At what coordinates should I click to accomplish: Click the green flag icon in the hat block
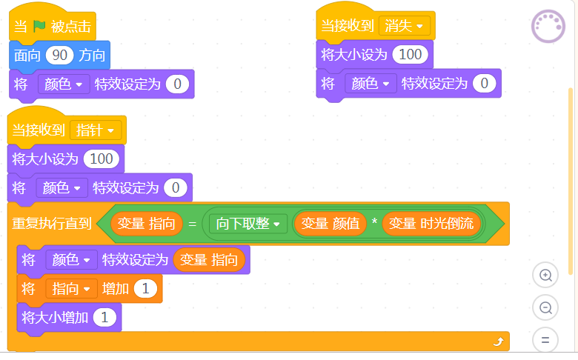(39, 26)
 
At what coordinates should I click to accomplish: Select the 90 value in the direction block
(59, 56)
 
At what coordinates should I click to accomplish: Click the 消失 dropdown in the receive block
(404, 26)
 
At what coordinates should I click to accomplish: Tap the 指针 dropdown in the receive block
(96, 130)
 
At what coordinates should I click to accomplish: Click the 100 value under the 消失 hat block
(410, 55)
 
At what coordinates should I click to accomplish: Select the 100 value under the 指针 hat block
(102, 159)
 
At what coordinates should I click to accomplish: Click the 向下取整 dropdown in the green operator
(248, 224)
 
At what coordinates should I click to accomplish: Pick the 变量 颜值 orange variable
(330, 224)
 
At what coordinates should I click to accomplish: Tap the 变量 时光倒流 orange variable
(431, 224)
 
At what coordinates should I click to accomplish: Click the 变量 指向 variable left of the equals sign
(146, 224)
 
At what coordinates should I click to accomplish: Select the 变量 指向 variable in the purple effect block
(209, 260)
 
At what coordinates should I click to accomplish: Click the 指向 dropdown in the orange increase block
(71, 288)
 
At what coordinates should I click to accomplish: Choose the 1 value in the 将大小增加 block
(104, 317)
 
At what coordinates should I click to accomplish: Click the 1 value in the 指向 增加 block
(145, 288)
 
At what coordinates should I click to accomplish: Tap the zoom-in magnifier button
(545, 276)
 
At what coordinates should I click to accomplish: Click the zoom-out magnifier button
(545, 307)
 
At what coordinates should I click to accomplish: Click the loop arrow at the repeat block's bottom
(499, 342)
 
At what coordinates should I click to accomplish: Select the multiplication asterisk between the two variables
(374, 221)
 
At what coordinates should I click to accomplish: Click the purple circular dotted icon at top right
(548, 27)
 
